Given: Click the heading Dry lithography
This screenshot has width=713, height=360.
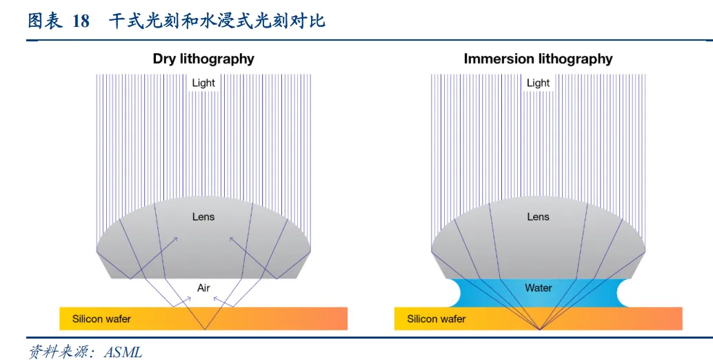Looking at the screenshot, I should [x=203, y=59].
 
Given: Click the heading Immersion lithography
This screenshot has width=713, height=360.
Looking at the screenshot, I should [x=538, y=59].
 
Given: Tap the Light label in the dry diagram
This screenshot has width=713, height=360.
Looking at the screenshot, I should [x=203, y=83].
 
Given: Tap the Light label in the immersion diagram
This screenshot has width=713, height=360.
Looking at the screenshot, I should [x=538, y=83].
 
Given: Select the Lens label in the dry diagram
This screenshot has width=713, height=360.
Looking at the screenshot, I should [x=203, y=217].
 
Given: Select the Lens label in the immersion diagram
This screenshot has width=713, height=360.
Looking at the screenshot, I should [x=538, y=217].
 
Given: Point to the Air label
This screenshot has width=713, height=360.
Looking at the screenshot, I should [x=203, y=288].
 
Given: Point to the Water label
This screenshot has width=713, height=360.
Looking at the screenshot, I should [x=538, y=288].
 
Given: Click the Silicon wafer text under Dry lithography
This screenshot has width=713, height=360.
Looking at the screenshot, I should [x=101, y=319].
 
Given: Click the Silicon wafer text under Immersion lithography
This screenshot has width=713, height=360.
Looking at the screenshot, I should [x=436, y=319].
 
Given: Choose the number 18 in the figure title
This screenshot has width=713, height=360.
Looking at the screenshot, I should [x=81, y=21].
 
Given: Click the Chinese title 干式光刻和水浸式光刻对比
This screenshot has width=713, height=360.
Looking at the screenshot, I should [x=217, y=21].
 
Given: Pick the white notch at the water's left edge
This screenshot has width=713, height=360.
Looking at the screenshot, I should [x=452, y=293].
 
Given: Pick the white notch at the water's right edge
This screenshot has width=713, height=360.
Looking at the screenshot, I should [x=626, y=293].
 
